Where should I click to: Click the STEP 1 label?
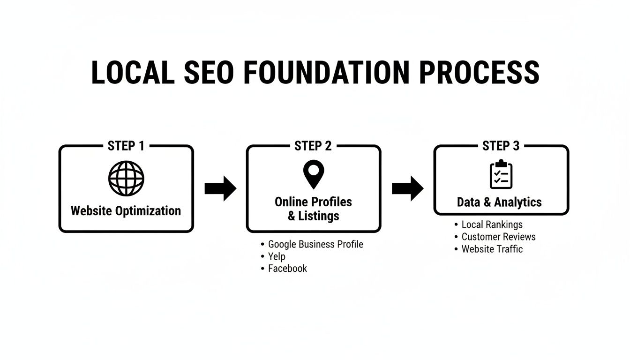pos(126,146)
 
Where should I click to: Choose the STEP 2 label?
pos(313,146)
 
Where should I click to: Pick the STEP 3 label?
pos(501,146)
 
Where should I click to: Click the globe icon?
pos(126,178)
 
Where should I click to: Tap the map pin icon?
pos(313,174)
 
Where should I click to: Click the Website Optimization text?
pos(126,210)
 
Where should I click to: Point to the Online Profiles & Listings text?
pos(313,209)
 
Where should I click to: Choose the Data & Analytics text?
pos(499,202)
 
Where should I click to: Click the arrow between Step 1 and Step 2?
pos(220,188)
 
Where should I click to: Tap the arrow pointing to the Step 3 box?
pos(407,188)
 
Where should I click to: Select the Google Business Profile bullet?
pos(315,244)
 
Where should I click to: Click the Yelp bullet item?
pos(277,256)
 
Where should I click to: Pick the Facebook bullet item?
pos(287,269)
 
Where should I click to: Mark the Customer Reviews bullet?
pos(498,237)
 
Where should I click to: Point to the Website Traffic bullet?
pos(492,249)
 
